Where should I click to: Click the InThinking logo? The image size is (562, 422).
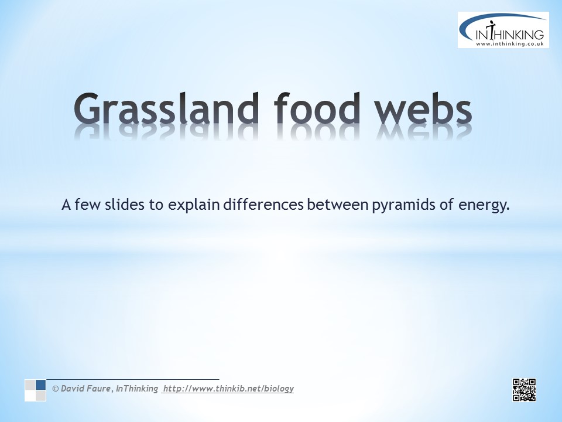(503, 30)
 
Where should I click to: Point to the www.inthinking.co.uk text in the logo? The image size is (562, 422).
(510, 44)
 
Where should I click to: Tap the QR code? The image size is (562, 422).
(524, 390)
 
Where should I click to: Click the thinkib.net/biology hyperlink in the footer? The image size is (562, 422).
(228, 389)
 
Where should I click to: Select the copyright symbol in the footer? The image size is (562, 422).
(56, 389)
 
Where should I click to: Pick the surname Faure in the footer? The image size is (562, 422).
(98, 388)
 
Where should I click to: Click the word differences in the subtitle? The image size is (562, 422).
(263, 205)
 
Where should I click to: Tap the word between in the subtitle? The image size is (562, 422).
(338, 205)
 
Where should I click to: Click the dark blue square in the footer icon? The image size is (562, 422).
(40, 384)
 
